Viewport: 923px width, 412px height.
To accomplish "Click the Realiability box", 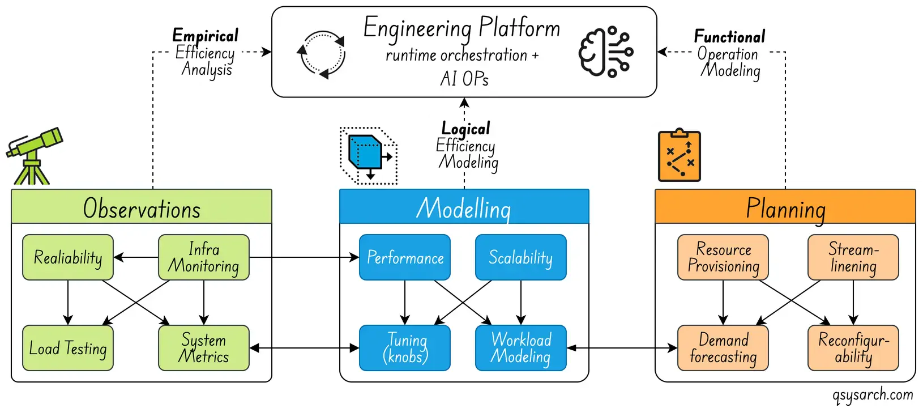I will pos(68,257).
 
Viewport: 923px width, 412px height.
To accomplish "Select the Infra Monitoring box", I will pos(204,257).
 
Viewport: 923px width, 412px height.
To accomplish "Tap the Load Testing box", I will pos(68,348).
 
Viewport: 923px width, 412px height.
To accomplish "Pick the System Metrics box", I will pos(204,348).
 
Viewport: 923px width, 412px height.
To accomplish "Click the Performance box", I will pos(405,257).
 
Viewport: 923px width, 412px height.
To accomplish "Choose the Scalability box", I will pos(520,257).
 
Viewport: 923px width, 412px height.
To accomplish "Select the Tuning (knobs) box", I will pos(405,348).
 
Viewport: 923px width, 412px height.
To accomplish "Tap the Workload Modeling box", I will pos(520,348).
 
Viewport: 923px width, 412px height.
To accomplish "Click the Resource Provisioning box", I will pos(723,257).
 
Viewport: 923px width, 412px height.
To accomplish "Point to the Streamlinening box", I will pos(853,257).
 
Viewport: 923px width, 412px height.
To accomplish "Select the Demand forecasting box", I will pos(723,348).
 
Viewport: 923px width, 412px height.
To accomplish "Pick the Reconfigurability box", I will pos(853,348).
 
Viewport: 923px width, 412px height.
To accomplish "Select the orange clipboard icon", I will pos(680,156).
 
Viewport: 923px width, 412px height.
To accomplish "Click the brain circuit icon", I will pos(605,52).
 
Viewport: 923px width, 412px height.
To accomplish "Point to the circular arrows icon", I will pos(321,54).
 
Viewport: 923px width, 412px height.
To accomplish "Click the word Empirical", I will pos(205,35).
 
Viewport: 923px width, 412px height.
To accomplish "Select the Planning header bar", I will pos(785,207).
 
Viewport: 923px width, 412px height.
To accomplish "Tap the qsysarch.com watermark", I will pos(873,394).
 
